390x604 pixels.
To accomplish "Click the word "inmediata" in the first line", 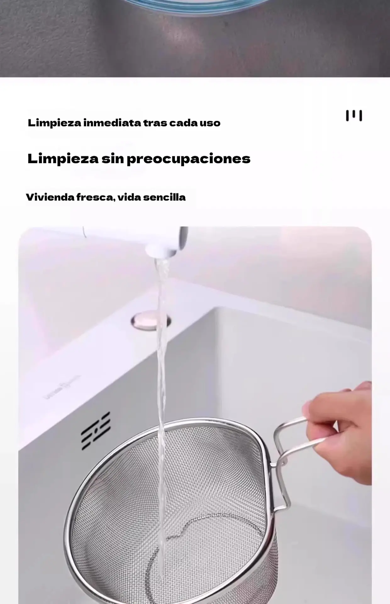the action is (112, 123).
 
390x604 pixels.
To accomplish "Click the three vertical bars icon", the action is (354, 115).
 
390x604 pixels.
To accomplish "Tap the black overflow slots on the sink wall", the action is (96, 431).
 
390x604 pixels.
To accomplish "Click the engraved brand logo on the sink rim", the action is (62, 387).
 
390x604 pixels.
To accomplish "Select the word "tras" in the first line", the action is (155, 123).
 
